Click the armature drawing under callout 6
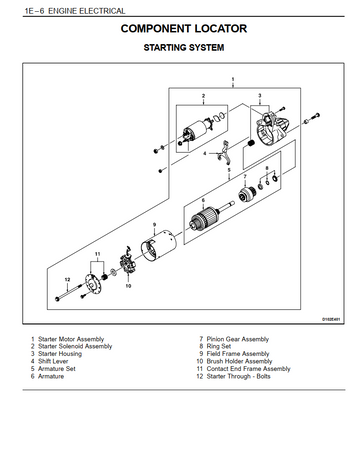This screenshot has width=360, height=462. click(208, 218)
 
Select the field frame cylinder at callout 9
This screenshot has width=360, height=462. click(158, 245)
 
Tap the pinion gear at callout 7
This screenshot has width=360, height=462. click(247, 193)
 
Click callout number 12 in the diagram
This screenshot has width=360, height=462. click(68, 279)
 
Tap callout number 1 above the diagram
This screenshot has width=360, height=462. click(233, 79)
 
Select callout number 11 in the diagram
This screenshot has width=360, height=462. click(97, 254)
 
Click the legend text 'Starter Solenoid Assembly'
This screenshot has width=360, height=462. click(75, 346)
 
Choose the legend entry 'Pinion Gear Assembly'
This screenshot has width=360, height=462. click(238, 339)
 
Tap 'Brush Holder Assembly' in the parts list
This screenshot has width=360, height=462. click(239, 361)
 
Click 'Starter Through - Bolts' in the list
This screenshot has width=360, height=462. click(238, 376)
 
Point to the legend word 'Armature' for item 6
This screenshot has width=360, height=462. click(51, 376)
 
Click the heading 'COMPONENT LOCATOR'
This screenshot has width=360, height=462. click(184, 29)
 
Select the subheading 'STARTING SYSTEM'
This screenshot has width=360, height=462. click(184, 48)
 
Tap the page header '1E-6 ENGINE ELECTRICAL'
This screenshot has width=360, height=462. click(75, 11)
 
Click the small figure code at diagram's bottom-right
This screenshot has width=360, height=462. click(331, 319)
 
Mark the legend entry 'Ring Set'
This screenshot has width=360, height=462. click(219, 346)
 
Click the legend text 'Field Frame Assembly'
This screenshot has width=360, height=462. click(238, 354)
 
